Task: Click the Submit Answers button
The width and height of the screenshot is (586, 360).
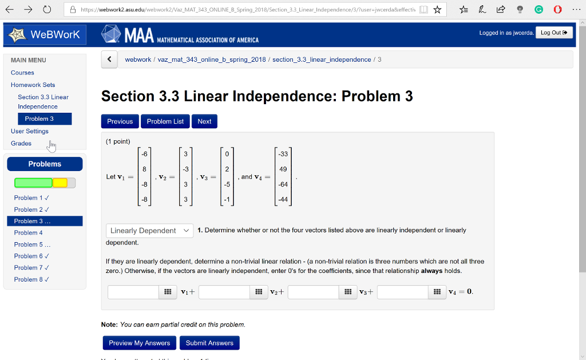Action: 209,343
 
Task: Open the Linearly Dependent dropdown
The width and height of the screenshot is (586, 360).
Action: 149,231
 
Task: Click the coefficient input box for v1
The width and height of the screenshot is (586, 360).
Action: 133,292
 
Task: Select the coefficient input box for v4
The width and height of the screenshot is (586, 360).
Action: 403,292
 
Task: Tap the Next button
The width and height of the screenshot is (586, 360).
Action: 204,121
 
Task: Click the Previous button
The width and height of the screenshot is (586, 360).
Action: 120,121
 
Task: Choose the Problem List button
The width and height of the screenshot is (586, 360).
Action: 165,121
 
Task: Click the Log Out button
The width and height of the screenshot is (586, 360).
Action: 553,33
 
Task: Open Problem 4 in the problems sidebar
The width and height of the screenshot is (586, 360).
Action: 29,233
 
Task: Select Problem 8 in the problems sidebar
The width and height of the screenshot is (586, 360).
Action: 31,279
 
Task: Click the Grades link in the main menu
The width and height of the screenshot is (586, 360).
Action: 21,143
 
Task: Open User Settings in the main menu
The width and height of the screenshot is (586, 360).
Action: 30,131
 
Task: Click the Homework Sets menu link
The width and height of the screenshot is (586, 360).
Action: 33,85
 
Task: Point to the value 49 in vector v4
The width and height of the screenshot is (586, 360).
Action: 283,169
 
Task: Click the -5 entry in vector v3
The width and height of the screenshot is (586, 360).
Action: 227,184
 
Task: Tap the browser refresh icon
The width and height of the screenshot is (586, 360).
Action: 47,10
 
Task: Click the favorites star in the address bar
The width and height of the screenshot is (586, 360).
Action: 437,10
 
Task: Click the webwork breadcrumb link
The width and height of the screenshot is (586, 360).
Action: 138,60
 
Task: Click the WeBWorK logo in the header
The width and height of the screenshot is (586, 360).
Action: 44,34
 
